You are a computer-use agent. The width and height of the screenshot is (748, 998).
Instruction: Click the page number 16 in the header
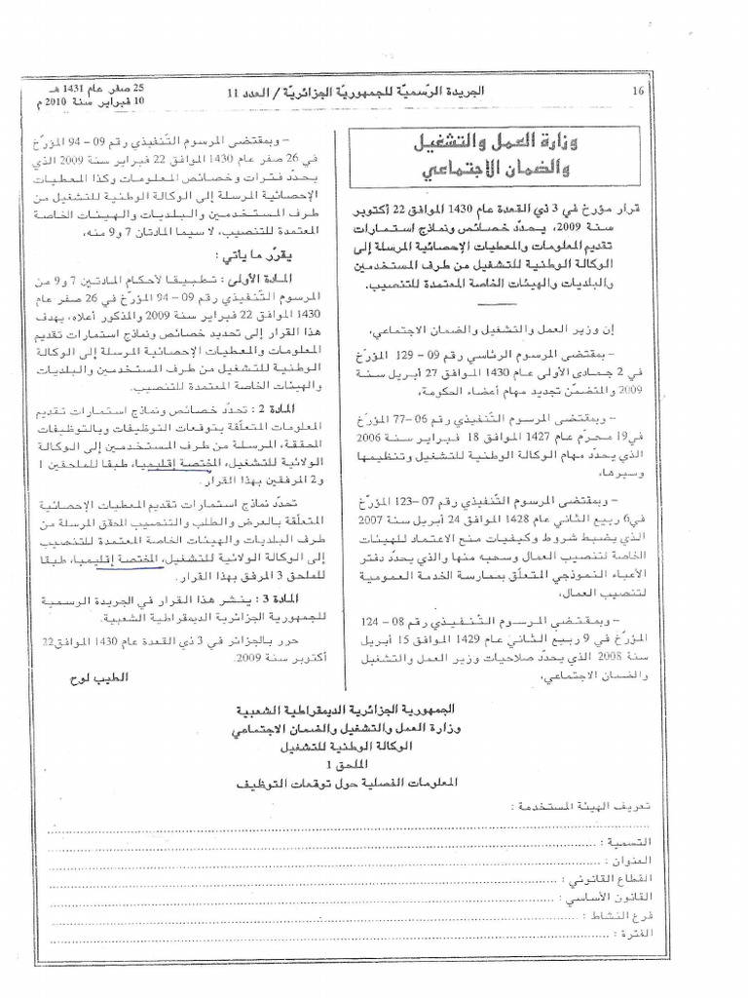[x=639, y=91]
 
